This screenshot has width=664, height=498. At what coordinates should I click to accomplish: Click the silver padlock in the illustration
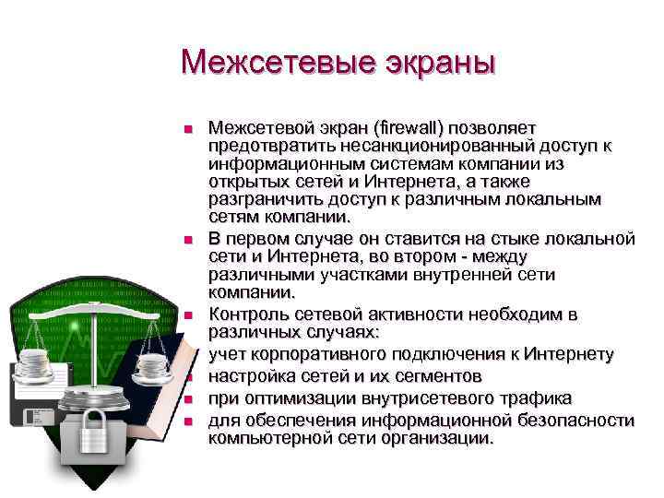click(93, 430)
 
